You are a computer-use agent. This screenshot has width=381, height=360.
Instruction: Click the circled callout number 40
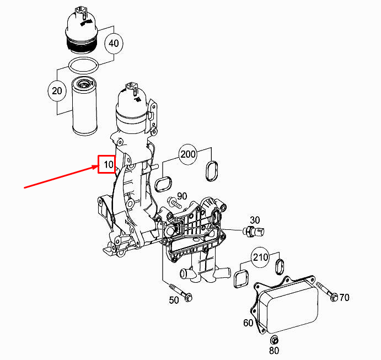114,44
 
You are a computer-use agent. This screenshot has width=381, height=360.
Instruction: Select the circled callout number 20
57,91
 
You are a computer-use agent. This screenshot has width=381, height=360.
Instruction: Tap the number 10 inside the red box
109,165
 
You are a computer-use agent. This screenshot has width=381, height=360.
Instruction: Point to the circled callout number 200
188,154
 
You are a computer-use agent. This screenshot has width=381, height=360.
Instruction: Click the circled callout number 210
260,257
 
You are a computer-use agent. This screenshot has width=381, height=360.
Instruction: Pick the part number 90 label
182,196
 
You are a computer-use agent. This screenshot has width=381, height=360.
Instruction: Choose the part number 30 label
255,220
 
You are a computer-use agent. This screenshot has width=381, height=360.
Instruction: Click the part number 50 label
174,300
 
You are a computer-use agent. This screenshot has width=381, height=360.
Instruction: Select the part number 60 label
248,323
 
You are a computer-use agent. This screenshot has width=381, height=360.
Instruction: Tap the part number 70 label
344,297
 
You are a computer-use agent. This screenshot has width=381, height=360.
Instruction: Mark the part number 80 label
274,351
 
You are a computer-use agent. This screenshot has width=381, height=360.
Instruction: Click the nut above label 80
275,340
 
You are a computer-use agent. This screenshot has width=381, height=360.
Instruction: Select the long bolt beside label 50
180,293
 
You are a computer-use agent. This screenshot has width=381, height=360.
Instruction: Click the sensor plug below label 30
254,232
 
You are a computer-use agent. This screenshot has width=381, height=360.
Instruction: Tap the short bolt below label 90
174,203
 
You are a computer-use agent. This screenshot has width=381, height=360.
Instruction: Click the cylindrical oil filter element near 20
84,106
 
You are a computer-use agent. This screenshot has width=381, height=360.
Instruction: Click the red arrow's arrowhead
95,166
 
